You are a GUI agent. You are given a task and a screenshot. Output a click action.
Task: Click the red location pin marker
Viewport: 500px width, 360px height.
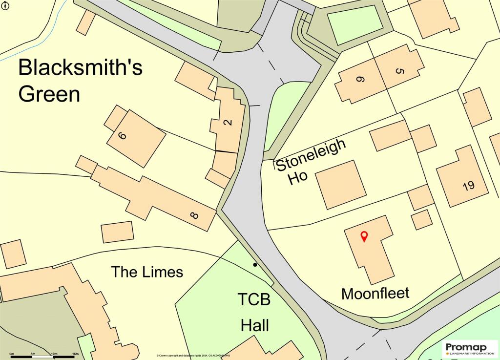[364, 236]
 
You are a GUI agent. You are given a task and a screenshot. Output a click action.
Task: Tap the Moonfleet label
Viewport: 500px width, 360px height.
[375, 294]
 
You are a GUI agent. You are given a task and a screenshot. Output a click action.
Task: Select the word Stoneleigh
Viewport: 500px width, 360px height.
[312, 155]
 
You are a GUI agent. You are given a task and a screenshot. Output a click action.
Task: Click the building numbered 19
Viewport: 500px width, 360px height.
[468, 186]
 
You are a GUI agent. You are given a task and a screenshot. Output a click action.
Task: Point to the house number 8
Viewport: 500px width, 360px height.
[195, 214]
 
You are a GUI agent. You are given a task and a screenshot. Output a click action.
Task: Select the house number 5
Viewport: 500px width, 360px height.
[399, 71]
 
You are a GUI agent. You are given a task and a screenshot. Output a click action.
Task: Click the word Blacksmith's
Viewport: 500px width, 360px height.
[81, 67]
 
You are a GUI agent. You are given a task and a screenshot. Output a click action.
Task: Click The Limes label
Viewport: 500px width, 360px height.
[147, 272]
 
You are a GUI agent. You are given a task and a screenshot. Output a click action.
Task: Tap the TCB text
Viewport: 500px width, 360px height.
[254, 299]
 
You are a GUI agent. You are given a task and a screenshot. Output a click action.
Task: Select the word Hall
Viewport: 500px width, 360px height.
[254, 325]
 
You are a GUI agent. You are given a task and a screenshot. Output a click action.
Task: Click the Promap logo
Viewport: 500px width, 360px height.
[469, 348]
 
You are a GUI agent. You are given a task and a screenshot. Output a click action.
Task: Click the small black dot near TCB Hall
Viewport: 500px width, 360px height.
[255, 265]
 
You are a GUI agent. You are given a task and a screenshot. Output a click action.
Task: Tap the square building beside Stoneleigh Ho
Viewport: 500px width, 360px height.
[340, 184]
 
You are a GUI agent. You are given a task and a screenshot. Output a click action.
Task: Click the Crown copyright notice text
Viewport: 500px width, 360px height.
[193, 356]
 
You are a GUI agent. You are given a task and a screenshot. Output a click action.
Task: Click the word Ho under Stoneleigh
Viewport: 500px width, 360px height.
[298, 178]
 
